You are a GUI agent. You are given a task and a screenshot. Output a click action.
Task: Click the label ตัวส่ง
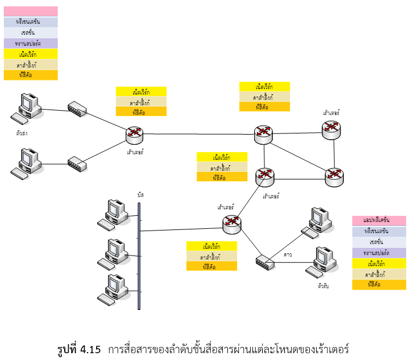coord(23,133)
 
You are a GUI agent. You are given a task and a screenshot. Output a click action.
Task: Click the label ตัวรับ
coord(323,286)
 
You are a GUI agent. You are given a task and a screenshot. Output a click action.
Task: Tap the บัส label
coord(140,194)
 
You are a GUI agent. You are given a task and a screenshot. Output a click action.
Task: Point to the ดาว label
coord(288,255)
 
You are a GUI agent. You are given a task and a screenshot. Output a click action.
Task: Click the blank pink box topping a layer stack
coord(31,11)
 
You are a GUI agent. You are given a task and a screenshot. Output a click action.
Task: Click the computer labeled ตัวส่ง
coord(27,106)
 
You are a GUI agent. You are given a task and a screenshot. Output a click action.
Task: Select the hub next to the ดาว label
coord(264,263)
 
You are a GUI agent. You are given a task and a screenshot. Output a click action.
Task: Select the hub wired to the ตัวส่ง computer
coord(76,108)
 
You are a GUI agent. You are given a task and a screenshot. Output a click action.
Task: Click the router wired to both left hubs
coord(135,135)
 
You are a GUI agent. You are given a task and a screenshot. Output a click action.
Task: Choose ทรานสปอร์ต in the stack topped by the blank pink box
coord(31,43)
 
